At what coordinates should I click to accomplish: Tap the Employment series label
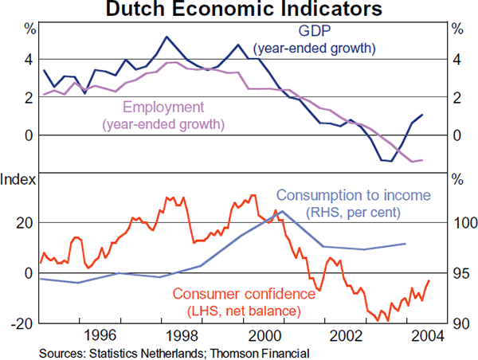(x=164, y=108)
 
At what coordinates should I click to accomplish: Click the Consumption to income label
(x=353, y=195)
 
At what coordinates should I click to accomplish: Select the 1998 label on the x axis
(x=181, y=335)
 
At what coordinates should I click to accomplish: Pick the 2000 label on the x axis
(x=263, y=335)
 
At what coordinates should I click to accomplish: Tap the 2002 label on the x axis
(x=344, y=335)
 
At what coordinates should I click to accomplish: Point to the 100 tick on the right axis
(x=460, y=223)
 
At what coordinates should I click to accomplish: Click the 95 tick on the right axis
(x=460, y=273)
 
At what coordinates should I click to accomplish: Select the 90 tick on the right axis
(x=460, y=323)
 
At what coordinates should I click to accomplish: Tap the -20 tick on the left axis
(x=22, y=323)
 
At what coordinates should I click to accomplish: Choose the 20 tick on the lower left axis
(x=24, y=223)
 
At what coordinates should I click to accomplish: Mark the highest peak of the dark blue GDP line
(x=166, y=37)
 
